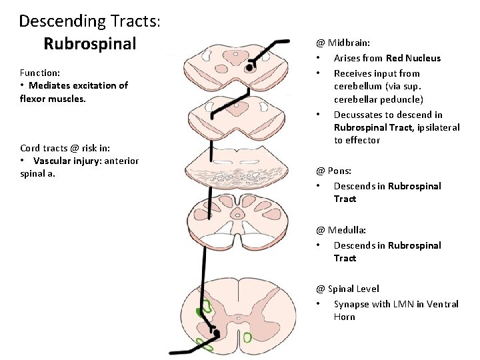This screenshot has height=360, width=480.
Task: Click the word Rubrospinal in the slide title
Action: [x=89, y=44]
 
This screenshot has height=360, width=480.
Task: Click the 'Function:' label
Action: [x=40, y=72]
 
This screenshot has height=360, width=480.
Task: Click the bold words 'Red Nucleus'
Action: [x=413, y=58]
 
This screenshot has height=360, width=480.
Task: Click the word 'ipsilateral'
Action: [x=437, y=127]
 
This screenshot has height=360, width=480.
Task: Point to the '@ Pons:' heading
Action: [x=333, y=171]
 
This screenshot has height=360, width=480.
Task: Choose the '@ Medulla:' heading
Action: [x=341, y=230]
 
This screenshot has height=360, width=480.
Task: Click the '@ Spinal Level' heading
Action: [x=347, y=289]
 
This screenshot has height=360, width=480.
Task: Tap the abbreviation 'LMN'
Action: [x=403, y=304]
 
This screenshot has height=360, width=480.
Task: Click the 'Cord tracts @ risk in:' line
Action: [x=65, y=148]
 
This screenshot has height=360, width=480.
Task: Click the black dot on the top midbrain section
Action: [x=249, y=67]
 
